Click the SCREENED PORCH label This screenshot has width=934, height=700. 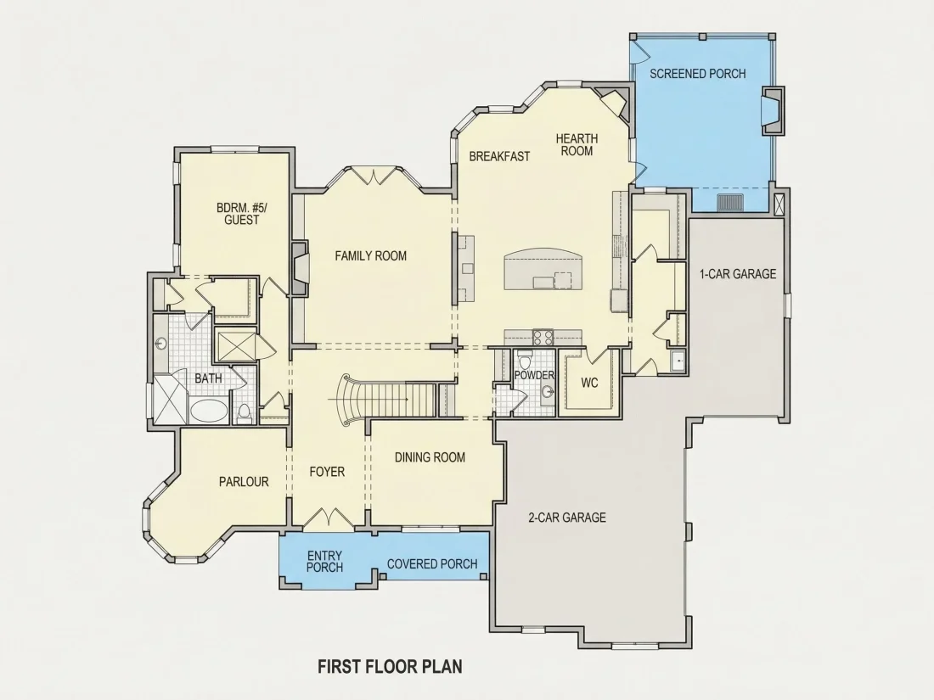point(697,74)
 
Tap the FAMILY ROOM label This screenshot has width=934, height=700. point(370,256)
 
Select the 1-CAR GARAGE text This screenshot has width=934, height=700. point(738,274)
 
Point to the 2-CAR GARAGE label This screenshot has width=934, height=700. point(567,518)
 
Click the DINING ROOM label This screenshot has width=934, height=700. point(430,457)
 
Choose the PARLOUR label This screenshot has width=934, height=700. point(244,482)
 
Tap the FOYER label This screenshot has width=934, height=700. point(327,472)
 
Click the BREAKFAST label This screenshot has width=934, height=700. point(499,157)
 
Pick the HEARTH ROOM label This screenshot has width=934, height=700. point(577,145)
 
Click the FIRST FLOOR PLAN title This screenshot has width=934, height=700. point(391,666)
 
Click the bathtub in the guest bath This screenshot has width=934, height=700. point(208,411)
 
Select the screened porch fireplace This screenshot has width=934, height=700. point(774,110)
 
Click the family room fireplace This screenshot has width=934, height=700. point(300,269)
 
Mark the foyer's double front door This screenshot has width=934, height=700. point(328,518)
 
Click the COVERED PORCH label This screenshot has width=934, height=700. point(432,564)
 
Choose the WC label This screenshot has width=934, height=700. point(590,383)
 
